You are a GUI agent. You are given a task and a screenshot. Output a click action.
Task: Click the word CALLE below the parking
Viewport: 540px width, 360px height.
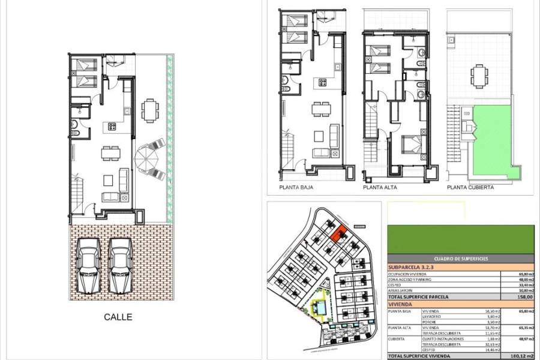[x=118, y=317]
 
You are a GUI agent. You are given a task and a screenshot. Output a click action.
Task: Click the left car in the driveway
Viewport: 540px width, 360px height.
[x=89, y=264]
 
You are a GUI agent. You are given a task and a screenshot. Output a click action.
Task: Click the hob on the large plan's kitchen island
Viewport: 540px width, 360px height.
[x=112, y=127]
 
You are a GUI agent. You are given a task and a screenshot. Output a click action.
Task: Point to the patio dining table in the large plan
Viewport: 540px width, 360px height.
[x=149, y=110]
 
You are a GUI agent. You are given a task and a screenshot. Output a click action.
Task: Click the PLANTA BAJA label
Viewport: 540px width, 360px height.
[x=296, y=187]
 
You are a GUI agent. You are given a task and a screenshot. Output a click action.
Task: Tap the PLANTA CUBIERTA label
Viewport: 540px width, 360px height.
[x=470, y=187]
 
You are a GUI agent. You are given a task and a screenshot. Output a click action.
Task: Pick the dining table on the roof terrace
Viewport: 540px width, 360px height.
[x=478, y=76]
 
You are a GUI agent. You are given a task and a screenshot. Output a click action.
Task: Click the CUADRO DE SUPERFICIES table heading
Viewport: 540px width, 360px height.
[x=461, y=259]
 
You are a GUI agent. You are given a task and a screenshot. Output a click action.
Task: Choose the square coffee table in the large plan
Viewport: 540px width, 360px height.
[x=108, y=179]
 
